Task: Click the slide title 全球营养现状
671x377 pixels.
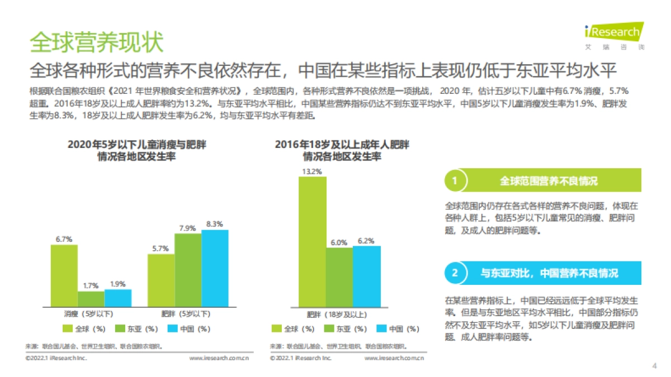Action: tap(96, 42)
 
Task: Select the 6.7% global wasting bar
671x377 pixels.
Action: tap(64, 276)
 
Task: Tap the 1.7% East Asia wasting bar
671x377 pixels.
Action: tap(91, 299)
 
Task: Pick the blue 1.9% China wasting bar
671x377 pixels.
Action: tap(117, 298)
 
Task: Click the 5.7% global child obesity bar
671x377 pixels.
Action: tap(161, 280)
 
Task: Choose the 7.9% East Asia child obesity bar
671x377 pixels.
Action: tap(188, 270)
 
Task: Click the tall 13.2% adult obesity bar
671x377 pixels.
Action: tap(312, 242)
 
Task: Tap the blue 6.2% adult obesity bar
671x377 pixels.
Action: tap(366, 276)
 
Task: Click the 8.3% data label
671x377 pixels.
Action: tap(215, 223)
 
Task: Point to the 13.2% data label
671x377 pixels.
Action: tap(312, 171)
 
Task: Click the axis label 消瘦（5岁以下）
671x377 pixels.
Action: tap(89, 314)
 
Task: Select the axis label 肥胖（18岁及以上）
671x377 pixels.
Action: tap(339, 314)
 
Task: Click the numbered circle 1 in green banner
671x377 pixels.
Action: tap(455, 181)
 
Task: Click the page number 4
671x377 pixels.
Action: tap(654, 366)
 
